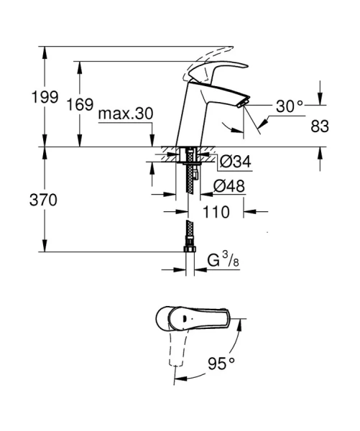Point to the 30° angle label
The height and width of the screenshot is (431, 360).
(290, 106)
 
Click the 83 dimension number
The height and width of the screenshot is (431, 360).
(320, 126)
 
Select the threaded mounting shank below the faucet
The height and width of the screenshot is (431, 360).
(190, 169)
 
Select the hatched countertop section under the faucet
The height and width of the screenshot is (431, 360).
(172, 153)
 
